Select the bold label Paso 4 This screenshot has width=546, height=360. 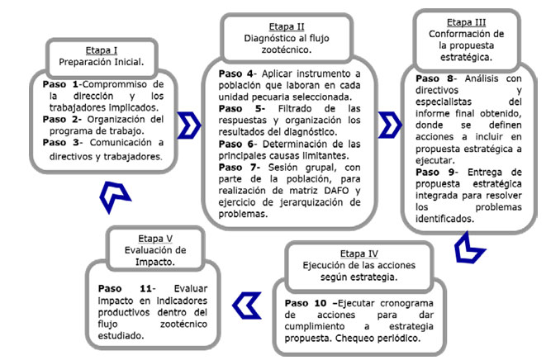pos(235,73)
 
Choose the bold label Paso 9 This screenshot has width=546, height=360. pos(425,171)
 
